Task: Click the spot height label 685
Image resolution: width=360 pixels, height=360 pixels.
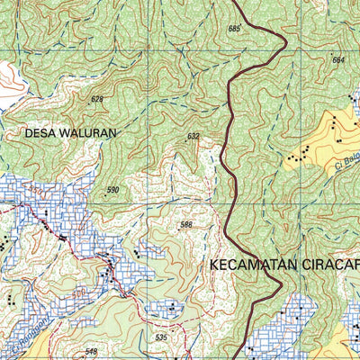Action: coord(235,30)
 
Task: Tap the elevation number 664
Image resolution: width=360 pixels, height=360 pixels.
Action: coord(338,60)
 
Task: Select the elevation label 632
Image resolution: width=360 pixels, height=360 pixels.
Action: coord(193,137)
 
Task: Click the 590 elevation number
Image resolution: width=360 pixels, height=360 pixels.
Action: coord(112,190)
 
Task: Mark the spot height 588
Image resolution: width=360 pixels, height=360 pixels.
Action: coord(186,225)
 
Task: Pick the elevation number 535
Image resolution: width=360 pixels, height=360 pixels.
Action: coord(161,337)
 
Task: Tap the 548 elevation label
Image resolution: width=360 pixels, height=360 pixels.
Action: coord(91,352)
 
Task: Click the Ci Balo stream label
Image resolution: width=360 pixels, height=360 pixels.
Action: coord(346,165)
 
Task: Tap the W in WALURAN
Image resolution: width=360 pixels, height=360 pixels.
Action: coord(68,132)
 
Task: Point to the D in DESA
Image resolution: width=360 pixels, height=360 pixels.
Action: coord(29,132)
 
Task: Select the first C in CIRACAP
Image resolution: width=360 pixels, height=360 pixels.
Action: coord(306,266)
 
